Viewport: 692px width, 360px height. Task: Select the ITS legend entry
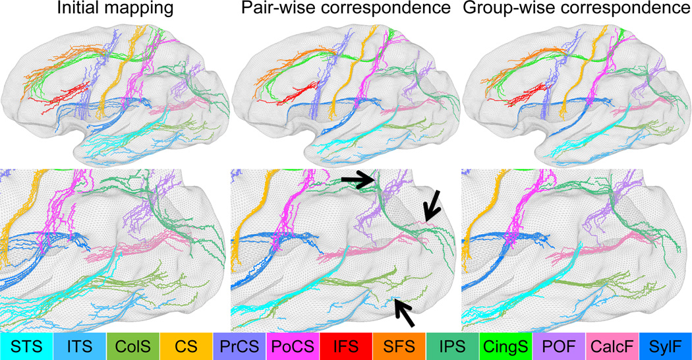[x=80, y=345]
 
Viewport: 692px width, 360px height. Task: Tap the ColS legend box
[x=133, y=345]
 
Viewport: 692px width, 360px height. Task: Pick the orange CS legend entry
[x=187, y=345]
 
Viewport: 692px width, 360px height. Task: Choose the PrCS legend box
[x=240, y=345]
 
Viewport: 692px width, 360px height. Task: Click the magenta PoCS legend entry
[x=293, y=345]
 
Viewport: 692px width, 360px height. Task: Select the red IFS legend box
[x=346, y=345]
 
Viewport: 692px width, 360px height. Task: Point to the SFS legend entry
[x=399, y=345]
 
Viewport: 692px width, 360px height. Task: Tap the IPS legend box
[x=453, y=345]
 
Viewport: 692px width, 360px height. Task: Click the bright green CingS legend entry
[x=505, y=345]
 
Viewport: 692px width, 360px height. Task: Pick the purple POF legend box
[x=559, y=345]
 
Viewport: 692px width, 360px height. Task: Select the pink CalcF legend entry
[x=612, y=345]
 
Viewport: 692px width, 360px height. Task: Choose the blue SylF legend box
[x=666, y=345]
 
